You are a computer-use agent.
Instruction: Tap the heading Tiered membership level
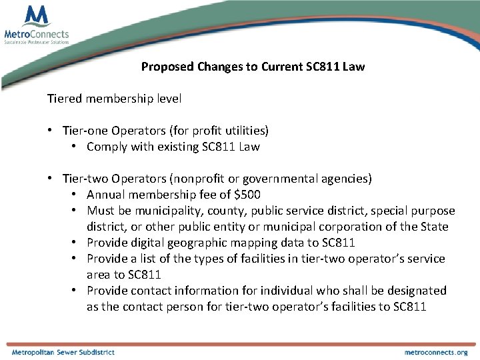(x=114, y=99)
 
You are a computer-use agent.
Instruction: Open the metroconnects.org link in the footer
(x=436, y=352)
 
